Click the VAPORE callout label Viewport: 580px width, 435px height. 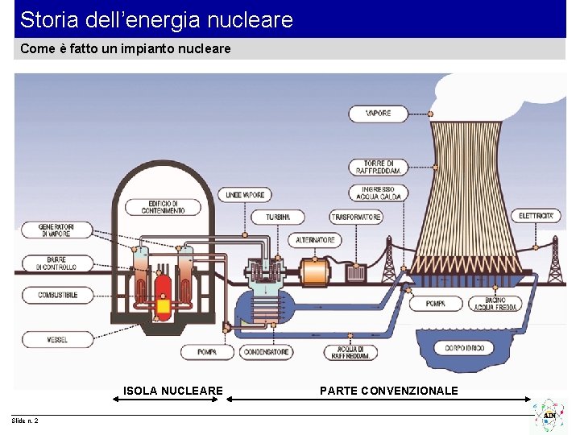378,114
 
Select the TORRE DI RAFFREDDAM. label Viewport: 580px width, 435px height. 378,168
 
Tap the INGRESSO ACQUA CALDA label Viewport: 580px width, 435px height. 378,193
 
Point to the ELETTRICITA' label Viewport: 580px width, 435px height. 536,216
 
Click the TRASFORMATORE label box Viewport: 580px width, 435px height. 356,217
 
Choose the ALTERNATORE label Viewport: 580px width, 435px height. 315,240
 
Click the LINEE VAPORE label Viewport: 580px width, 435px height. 245,195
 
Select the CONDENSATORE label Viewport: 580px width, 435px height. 267,352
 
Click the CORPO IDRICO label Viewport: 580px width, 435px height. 464,348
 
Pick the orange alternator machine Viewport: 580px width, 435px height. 315,271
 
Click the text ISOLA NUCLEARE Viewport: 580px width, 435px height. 172,391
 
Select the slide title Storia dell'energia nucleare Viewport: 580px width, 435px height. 156,19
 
